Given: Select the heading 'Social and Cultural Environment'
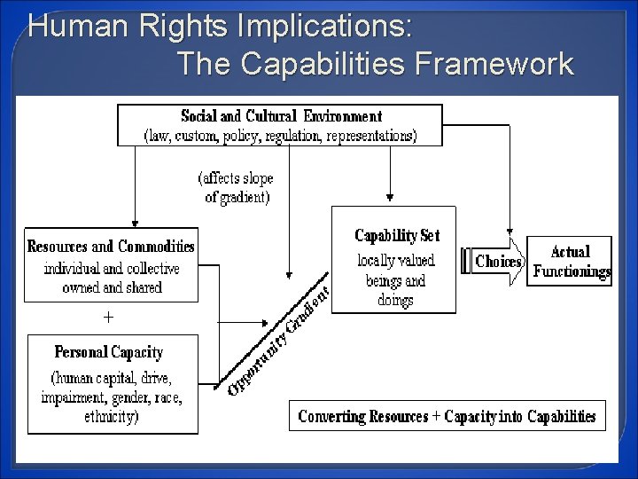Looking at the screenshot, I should point(281,116).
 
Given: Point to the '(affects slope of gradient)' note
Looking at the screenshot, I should point(237,187).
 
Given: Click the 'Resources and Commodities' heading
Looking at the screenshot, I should point(112,246).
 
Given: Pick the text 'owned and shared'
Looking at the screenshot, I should point(112,287).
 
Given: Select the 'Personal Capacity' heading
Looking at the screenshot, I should point(109,352).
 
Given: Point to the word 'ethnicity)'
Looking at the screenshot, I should point(110,414).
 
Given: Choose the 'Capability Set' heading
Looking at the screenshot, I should point(397,236).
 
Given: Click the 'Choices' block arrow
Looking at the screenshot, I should point(498,262).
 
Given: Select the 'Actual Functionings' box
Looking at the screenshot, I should point(570,261).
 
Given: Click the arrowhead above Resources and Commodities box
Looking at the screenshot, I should point(135,223).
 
